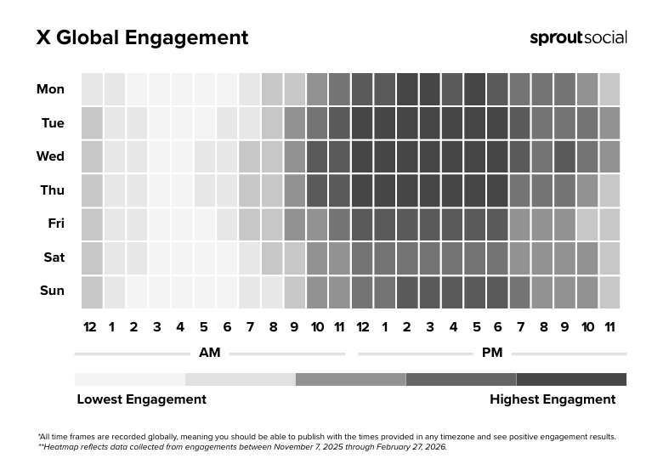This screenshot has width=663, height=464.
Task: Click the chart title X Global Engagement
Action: pyautogui.click(x=142, y=38)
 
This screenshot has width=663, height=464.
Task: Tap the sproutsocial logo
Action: pyautogui.click(x=578, y=37)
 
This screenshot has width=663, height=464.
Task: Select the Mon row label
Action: pyautogui.click(x=50, y=89)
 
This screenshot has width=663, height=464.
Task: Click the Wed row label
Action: pyautogui.click(x=50, y=156)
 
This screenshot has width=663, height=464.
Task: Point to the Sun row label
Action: pyautogui.click(x=52, y=291)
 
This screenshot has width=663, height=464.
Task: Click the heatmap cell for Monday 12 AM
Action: pyautogui.click(x=92, y=89)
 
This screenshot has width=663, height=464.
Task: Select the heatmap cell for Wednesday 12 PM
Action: pyautogui.click(x=362, y=156)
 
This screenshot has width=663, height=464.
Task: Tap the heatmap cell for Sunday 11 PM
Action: pyautogui.click(x=609, y=291)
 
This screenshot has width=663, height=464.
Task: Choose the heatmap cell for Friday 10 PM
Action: pyautogui.click(x=587, y=224)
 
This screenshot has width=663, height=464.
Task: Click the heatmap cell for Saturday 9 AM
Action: pyautogui.click(x=294, y=257)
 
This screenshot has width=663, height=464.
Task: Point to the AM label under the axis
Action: pyautogui.click(x=209, y=353)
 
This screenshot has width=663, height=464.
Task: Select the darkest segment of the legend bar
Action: pyautogui.click(x=571, y=379)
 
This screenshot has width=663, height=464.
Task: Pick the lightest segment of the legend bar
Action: pyautogui.click(x=129, y=379)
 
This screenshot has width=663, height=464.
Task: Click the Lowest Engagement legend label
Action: pyautogui.click(x=141, y=399)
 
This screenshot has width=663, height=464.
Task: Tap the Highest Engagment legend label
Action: pyautogui.click(x=552, y=399)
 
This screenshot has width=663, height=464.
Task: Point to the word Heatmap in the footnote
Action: pyautogui.click(x=63, y=447)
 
